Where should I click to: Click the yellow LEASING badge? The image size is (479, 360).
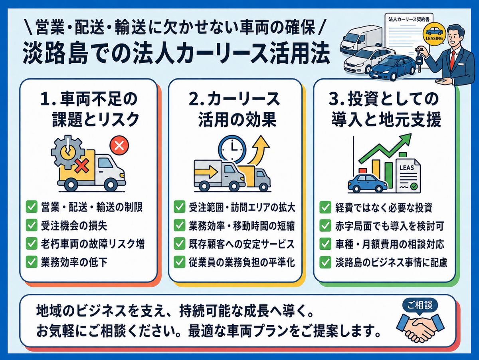point(434,34)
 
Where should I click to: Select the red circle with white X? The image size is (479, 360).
point(119,145)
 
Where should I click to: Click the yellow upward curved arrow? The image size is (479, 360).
point(259,151)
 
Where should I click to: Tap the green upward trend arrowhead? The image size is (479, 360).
point(406,139)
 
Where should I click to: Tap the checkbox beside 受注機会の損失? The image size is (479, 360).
point(32,225)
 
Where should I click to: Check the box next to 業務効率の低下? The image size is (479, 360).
point(32,262)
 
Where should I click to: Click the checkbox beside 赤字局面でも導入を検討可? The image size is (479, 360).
point(325,225)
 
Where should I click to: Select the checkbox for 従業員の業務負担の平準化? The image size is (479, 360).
point(179,262)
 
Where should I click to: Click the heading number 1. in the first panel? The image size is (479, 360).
point(48,99)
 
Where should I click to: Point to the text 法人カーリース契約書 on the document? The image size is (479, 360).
point(409,19)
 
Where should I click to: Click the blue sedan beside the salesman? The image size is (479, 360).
point(393,68)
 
